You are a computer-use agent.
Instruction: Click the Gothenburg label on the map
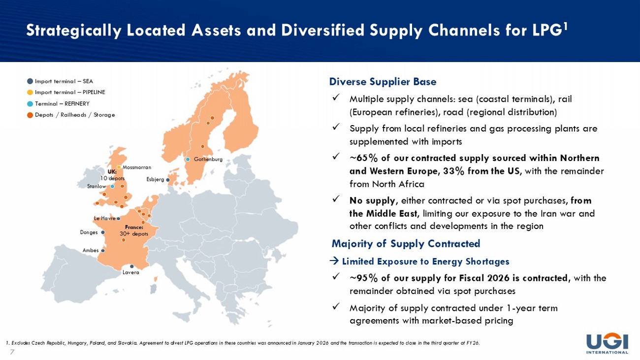pos(208,159)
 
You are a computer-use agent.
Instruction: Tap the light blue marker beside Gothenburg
pos(188,160)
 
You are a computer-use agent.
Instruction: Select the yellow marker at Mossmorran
pos(119,167)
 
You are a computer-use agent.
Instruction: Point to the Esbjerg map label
pos(155,179)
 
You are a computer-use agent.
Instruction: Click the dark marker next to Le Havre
pos(119,219)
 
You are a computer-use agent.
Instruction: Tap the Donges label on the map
pos(89,232)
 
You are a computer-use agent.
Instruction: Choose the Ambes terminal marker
pos(103,251)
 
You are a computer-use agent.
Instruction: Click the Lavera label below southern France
pos(131,272)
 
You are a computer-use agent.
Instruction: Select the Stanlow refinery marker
pos(113,186)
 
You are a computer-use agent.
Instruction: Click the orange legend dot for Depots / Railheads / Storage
pos(30,115)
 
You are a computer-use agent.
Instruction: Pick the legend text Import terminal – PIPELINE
pos(70,92)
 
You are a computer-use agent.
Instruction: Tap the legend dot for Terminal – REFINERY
pos(30,104)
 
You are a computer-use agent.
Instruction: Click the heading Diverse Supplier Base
pos(383,82)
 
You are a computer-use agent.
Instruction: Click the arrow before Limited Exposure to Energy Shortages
pos(334,261)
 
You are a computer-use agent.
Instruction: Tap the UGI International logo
pos(607,343)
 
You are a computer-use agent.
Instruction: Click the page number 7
pos(12,352)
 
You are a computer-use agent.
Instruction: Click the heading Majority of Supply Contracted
pos(406,244)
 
